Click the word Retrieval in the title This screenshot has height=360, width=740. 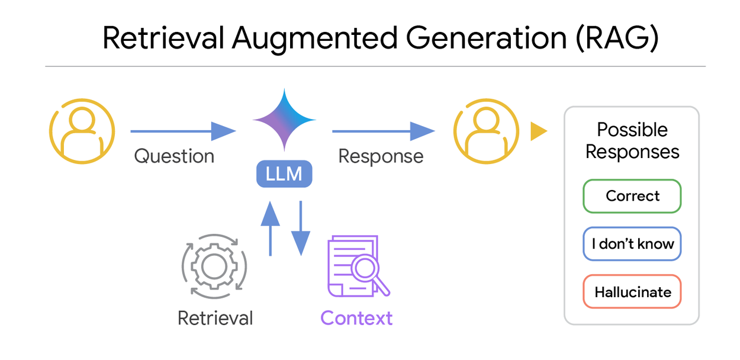point(163,39)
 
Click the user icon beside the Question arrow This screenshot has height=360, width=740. point(81,131)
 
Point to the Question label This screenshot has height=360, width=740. point(174,156)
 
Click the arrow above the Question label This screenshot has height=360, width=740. point(182,131)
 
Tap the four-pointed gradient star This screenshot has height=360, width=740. point(284,120)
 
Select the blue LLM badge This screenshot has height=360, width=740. point(284,174)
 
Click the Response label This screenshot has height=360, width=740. point(381,156)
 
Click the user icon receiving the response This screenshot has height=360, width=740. point(485,131)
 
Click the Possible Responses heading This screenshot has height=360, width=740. point(632,141)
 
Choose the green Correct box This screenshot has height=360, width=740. point(632,196)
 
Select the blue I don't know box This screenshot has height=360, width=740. point(632,244)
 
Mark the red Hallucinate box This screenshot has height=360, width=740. point(632,292)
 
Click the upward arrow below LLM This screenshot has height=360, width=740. point(270,228)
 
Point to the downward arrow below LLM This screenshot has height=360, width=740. point(301,228)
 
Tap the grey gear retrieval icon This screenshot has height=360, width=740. point(214,266)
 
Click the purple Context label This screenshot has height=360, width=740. point(356,318)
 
